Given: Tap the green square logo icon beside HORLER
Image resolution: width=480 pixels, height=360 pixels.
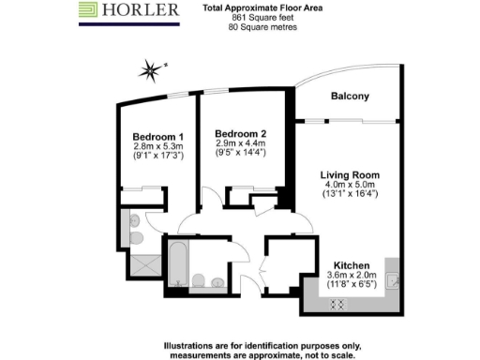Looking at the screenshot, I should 89,11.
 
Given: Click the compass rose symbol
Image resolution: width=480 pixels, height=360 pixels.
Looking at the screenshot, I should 149,67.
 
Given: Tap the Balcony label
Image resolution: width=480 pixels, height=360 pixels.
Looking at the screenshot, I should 350,97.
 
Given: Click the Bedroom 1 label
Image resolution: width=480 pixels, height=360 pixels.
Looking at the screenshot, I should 157,136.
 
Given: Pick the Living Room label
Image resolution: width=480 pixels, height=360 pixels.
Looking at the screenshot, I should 349,175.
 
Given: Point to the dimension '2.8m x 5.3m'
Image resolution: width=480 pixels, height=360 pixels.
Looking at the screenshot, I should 157,146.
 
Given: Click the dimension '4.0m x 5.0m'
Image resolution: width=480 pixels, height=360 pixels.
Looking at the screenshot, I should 349,186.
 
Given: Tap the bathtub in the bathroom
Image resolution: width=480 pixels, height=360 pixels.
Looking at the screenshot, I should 175,265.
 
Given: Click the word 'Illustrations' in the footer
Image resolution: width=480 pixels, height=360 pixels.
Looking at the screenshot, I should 194,343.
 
